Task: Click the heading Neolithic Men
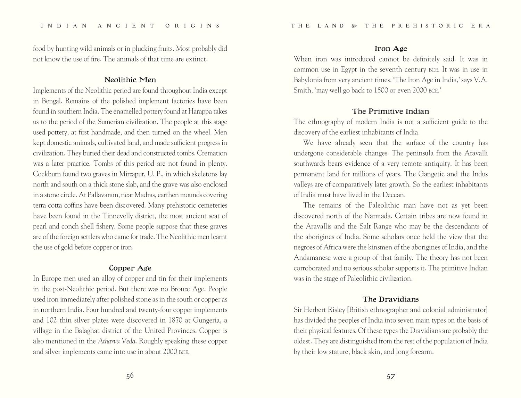click(130, 80)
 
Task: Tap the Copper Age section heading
click(130, 268)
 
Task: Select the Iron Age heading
click(390, 49)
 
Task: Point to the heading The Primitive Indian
click(390, 111)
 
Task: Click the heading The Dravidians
click(390, 299)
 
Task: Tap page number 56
click(130, 375)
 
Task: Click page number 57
click(390, 376)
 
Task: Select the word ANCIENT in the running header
click(126, 26)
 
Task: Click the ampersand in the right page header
click(354, 26)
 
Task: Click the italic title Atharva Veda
click(117, 341)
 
